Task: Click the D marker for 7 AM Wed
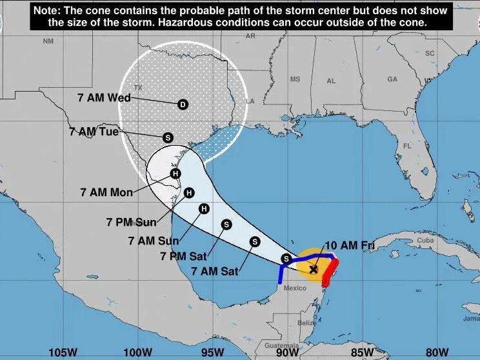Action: [183, 105]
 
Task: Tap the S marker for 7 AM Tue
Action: [168, 137]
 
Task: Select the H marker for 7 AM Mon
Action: [175, 173]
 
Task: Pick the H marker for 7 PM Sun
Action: [189, 192]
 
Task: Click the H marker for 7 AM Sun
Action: [204, 208]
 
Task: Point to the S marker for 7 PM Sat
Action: [226, 224]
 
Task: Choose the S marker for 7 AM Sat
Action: [254, 241]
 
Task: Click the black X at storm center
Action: [314, 269]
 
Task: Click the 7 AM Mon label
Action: [106, 192]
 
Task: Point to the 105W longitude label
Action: [63, 352]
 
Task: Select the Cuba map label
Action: [426, 240]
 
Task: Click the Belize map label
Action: [307, 323]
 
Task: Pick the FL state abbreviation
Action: [407, 146]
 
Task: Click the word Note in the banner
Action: [48, 10]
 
